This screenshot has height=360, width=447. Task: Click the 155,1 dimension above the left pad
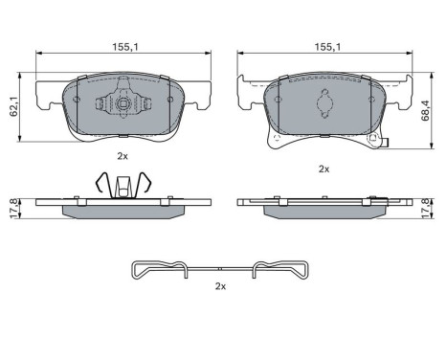point(125,47)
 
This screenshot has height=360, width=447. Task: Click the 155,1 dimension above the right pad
point(327,47)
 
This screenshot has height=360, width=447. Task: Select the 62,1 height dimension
point(12,107)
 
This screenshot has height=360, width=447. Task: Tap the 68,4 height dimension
point(425,110)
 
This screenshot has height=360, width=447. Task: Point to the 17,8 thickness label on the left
point(12,209)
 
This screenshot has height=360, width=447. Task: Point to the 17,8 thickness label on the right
point(425,209)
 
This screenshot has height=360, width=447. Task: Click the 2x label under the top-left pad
point(123,156)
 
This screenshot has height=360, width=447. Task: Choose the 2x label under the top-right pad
point(324,169)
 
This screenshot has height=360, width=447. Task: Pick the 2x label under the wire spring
point(220,286)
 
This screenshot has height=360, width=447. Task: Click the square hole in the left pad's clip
point(123,103)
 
